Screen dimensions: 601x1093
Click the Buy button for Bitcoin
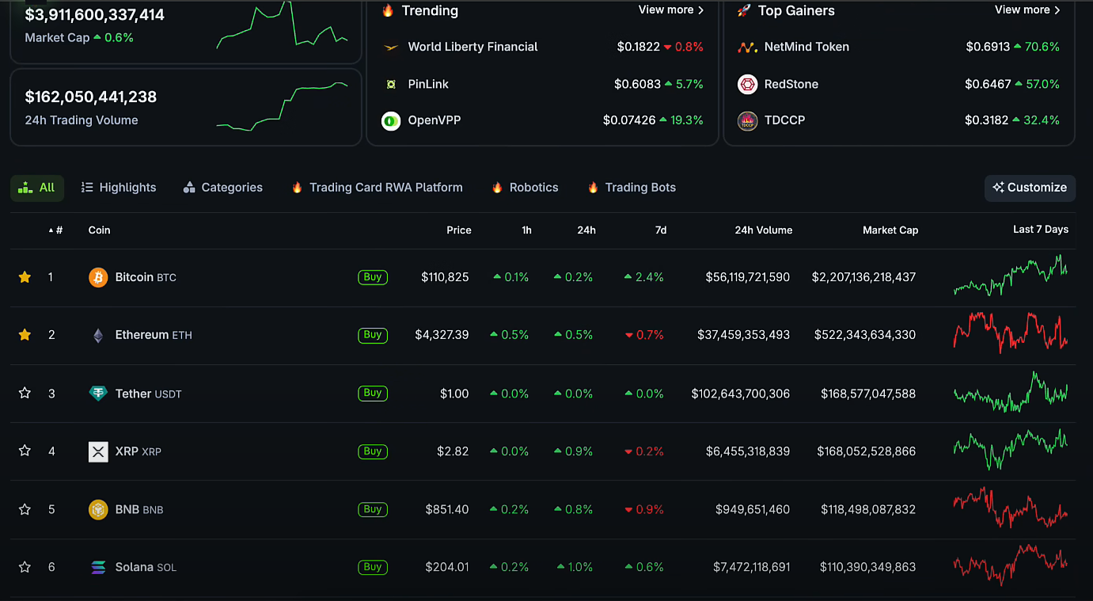(x=373, y=277)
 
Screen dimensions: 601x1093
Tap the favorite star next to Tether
(x=25, y=393)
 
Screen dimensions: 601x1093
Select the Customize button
(x=1030, y=188)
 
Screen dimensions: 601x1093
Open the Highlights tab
(x=119, y=188)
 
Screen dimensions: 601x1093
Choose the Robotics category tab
(x=525, y=188)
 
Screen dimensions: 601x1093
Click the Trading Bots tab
(x=632, y=188)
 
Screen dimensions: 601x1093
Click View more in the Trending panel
(x=670, y=10)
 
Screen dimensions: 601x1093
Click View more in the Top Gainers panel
(x=1027, y=10)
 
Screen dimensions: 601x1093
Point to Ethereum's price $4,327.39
(x=442, y=335)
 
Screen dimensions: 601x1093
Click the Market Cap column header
(x=890, y=230)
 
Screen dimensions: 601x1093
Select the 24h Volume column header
(x=763, y=230)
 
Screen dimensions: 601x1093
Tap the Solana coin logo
(x=98, y=567)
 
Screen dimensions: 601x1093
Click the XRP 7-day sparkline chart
(x=1010, y=450)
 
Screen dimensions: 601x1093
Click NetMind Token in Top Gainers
(x=806, y=47)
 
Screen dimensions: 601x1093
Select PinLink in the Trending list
(x=428, y=84)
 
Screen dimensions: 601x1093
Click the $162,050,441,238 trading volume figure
(x=91, y=97)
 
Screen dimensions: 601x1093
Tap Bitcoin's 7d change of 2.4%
(x=644, y=277)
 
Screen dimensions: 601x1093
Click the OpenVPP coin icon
(x=391, y=121)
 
